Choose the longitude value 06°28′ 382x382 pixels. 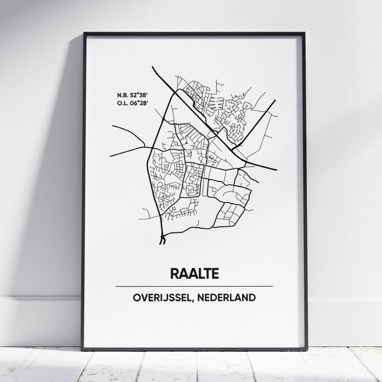coord(138,103)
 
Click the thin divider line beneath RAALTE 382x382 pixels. coord(194,286)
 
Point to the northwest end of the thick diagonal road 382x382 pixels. coord(153,67)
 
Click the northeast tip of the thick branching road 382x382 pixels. coord(275,100)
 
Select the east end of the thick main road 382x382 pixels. coord(276,169)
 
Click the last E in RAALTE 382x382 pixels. coord(215,273)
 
